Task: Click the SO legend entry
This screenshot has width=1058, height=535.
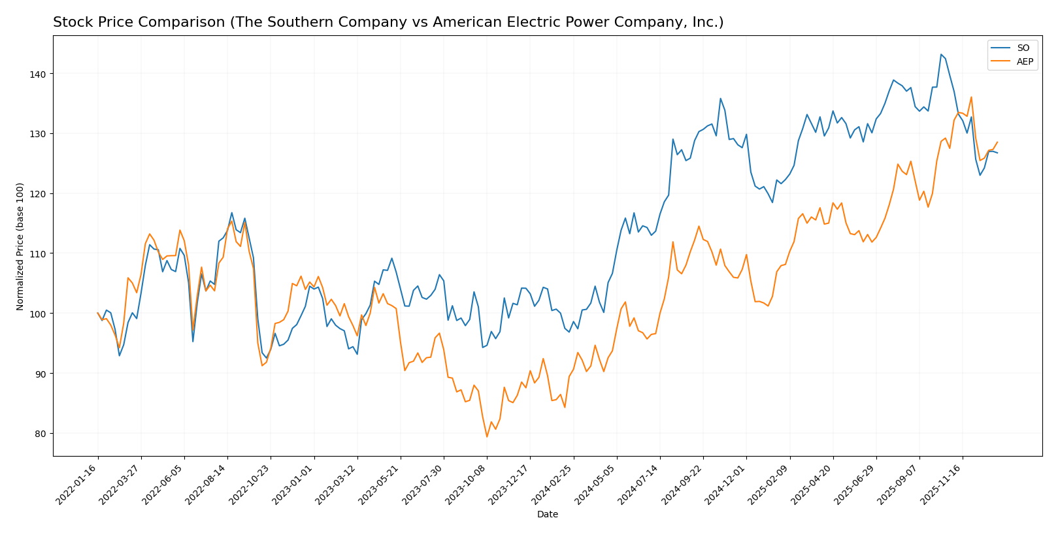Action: point(1023,48)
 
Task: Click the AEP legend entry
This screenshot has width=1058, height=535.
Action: point(1025,62)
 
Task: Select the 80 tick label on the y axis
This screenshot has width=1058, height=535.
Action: point(40,434)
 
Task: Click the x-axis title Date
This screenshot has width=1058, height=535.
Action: point(547,515)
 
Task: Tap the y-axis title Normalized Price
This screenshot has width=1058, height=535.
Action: point(20,247)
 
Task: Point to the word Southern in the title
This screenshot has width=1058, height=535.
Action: point(300,23)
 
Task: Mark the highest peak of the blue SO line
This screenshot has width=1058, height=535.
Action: point(941,54)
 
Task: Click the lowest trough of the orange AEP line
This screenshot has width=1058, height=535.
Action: point(487,437)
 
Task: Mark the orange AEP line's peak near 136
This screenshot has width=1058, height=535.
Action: point(971,97)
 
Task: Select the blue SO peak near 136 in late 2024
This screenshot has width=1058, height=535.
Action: point(720,99)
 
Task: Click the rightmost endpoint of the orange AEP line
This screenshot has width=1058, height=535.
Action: point(997,142)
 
